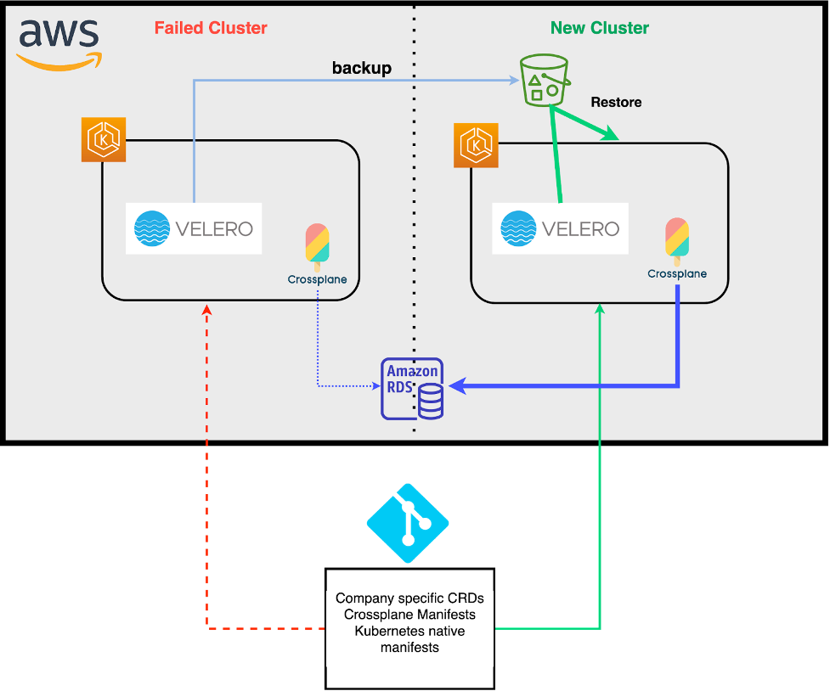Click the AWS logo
pos(59,42)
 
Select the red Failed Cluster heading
pos(211,28)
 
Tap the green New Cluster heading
pos(599,28)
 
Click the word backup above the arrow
pos(362,68)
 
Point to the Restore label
pos(616,102)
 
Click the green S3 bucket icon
pos(544,81)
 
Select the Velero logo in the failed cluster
pos(194,228)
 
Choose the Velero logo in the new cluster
pos(561,228)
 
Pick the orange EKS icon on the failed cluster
pos(104,139)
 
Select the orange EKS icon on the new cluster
pos(476,145)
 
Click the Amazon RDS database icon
pos(413,389)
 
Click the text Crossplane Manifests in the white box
pos(409,615)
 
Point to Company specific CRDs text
pos(409,598)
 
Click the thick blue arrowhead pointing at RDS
pos(456,387)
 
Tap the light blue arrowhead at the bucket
pos(515,81)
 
